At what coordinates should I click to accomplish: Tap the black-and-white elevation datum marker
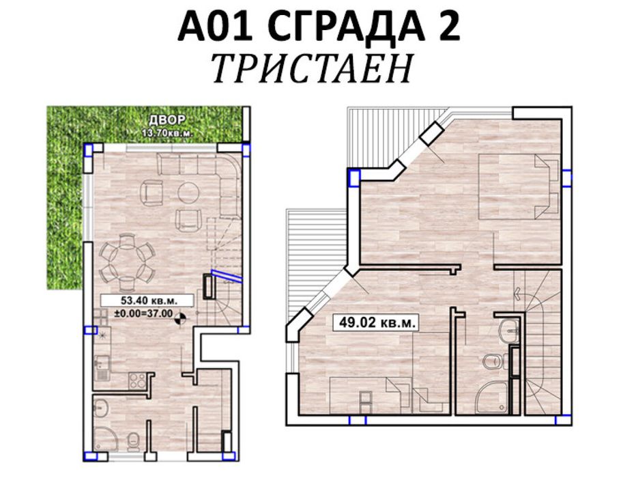181,315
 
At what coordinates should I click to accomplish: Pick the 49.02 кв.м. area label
375,322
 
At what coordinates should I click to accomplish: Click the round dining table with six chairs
126,262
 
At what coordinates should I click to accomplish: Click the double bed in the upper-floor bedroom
519,186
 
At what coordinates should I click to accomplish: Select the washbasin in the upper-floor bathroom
508,333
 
